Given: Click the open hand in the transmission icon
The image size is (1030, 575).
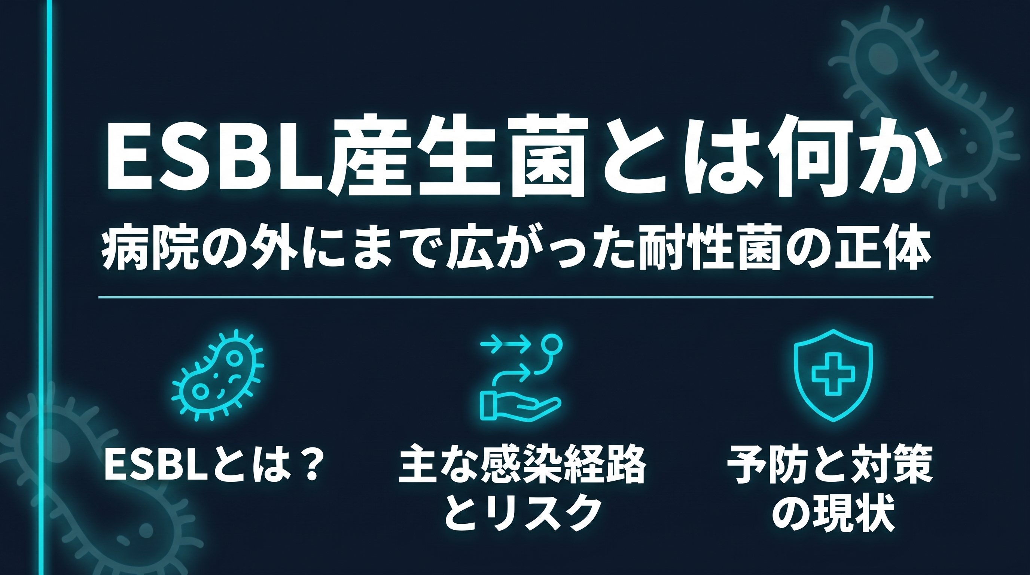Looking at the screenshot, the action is point(520,406).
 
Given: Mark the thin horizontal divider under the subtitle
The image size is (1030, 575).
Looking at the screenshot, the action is point(516,297).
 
